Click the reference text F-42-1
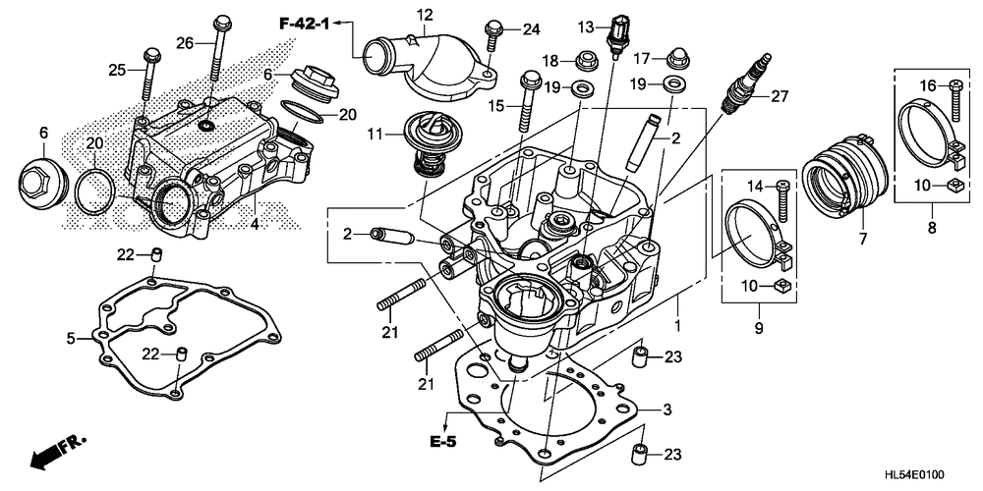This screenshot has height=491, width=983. tap(304, 24)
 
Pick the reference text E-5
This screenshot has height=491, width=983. tap(442, 442)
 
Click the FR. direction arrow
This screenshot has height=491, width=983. tap(56, 452)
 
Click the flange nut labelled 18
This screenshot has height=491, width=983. tap(585, 61)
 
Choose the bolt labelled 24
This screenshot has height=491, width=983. tap(492, 33)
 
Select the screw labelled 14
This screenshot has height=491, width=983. tap(781, 201)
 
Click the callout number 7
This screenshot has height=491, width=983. tap(863, 238)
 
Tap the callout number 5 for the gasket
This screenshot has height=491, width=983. tap(72, 339)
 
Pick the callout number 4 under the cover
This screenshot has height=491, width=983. tap(255, 223)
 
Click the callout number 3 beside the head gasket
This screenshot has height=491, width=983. tap(667, 410)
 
